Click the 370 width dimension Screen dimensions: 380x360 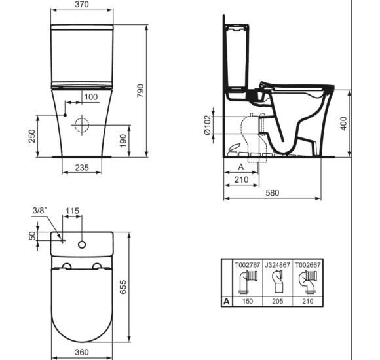(82, 5)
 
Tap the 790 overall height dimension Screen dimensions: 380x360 (141, 91)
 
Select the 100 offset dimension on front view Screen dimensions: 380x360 (91, 97)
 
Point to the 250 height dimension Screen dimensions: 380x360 (32, 136)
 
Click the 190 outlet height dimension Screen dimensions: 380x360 (123, 141)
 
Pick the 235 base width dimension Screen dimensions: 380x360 (82, 168)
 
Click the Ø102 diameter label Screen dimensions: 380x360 (208, 126)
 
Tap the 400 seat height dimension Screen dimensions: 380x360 (343, 124)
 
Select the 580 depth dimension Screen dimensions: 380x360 (273, 193)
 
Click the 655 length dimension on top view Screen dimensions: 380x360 (123, 287)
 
